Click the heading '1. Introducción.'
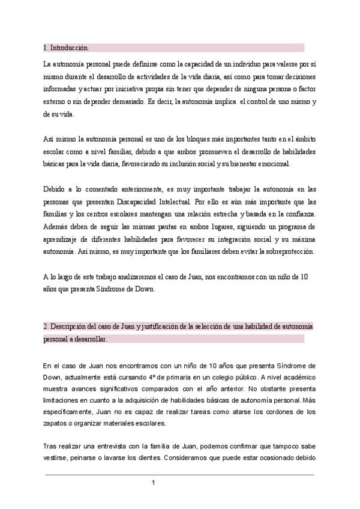[x=67, y=47]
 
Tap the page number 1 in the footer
[x=154, y=483]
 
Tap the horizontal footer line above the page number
[x=180, y=474]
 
